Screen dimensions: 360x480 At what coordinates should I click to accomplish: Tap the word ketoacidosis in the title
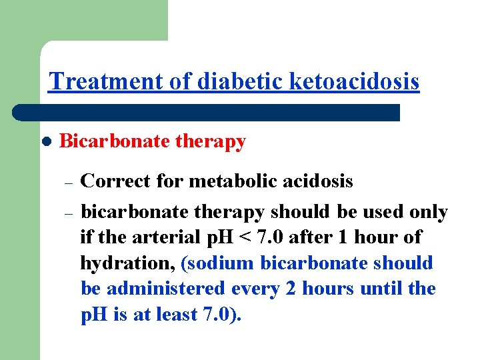point(355,81)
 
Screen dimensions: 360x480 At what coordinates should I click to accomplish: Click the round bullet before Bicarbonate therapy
point(45,142)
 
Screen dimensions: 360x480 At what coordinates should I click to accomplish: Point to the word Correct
point(116,181)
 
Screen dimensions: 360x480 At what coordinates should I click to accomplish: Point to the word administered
point(163,289)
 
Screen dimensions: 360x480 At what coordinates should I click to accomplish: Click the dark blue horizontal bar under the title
point(207,112)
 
